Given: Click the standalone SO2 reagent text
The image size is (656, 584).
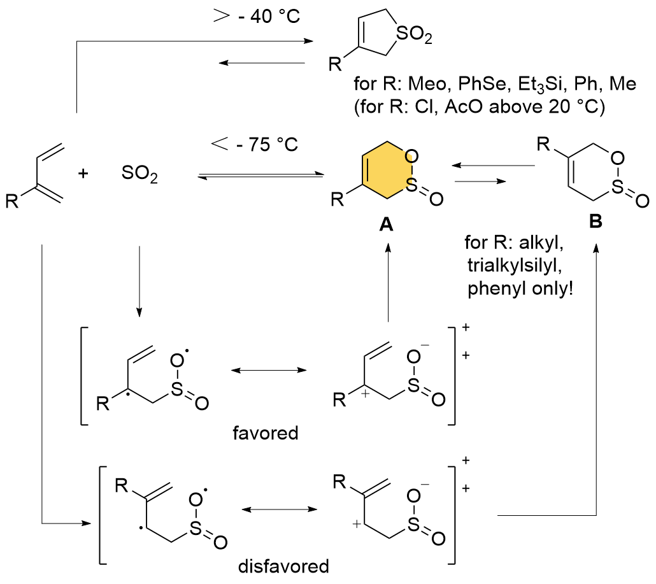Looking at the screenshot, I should click(x=139, y=174).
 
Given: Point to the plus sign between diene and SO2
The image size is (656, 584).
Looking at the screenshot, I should click(x=82, y=173).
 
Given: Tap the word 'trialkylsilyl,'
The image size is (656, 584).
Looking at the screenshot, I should click(x=508, y=266).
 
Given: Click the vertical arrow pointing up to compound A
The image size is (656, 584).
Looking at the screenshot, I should click(x=387, y=283).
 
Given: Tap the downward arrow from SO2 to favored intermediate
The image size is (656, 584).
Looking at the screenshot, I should click(x=139, y=280).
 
